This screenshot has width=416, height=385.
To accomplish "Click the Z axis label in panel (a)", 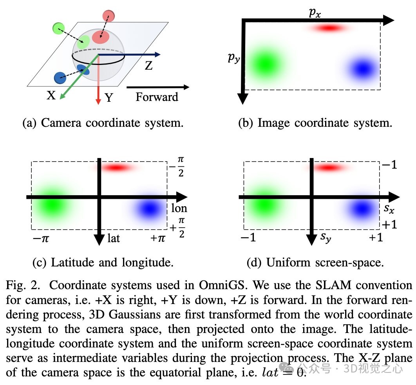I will (148, 65).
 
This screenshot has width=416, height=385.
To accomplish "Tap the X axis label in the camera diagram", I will (51, 95).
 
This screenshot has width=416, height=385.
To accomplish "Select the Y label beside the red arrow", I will (109, 98).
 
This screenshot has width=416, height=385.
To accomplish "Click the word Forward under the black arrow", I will (157, 97).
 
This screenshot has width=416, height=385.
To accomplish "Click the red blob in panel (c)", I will (115, 167).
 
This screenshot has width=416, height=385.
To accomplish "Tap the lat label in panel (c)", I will (114, 238).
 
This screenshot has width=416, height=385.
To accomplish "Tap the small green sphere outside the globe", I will (58, 28).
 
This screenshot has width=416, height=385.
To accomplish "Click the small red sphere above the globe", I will (108, 16).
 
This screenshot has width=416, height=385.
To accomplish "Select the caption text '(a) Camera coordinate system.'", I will (103, 123).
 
